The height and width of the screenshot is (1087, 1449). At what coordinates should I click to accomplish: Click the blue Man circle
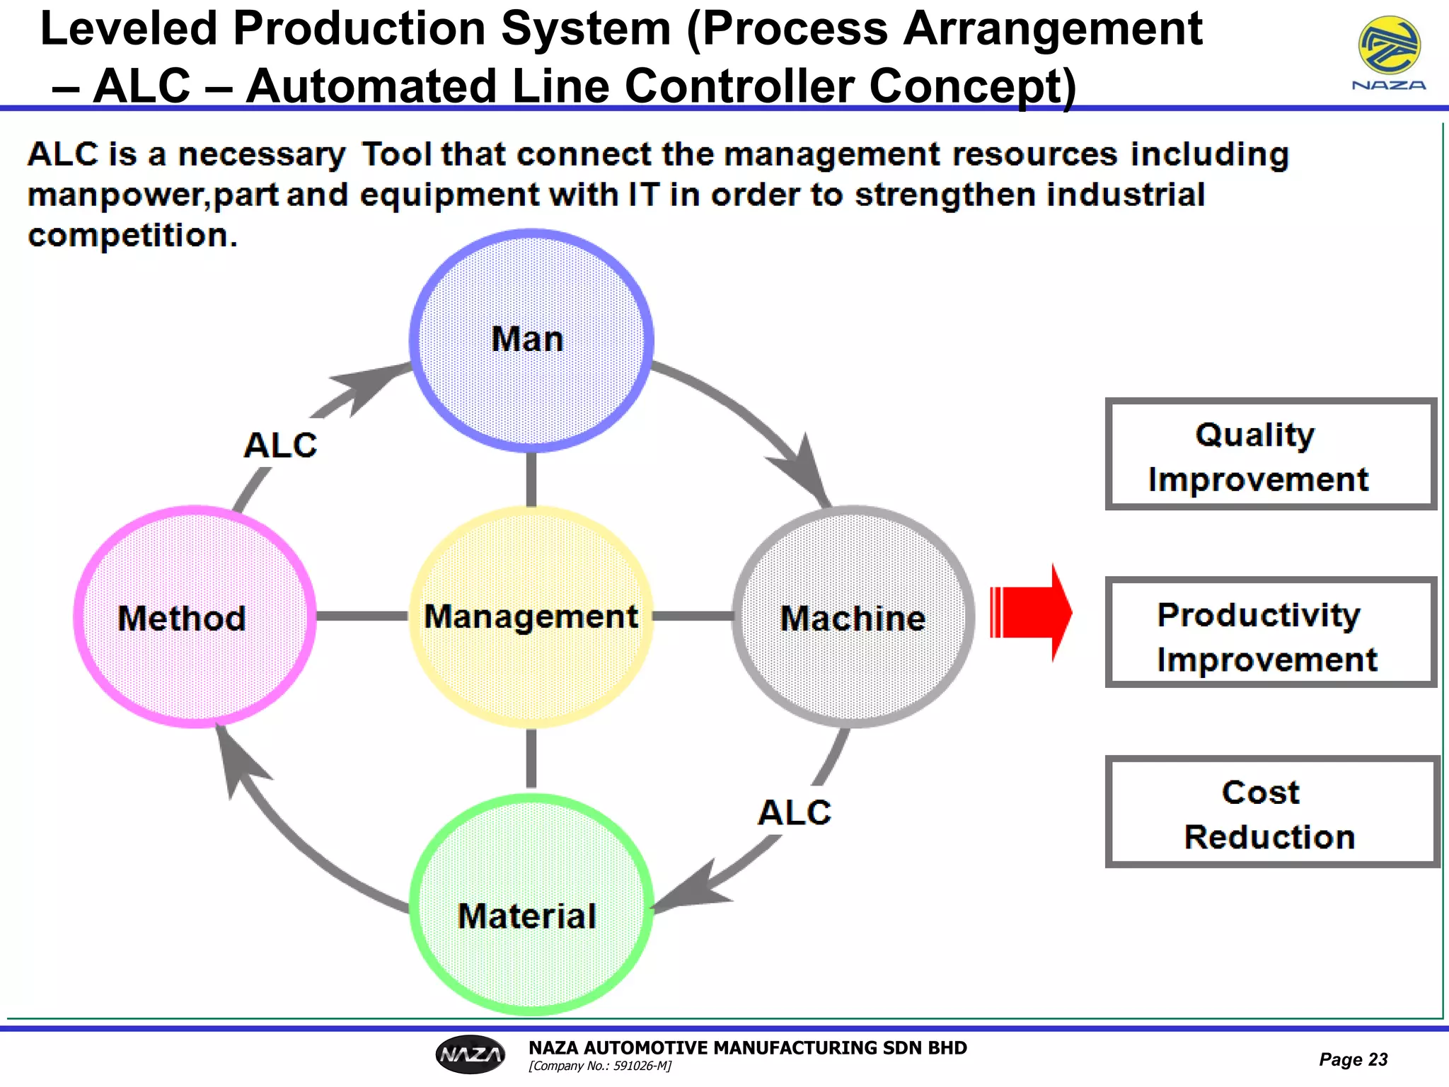pyautogui.click(x=531, y=340)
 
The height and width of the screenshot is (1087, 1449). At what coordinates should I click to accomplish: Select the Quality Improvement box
pyautogui.click(x=1271, y=454)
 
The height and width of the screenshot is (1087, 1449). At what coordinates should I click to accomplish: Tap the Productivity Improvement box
pyautogui.click(x=1271, y=633)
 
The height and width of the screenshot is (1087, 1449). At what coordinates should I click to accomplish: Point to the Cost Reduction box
pyautogui.click(x=1272, y=812)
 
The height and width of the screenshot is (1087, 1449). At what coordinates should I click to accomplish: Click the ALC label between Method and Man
pyautogui.click(x=280, y=446)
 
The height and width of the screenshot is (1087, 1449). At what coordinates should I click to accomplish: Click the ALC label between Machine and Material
pyautogui.click(x=795, y=812)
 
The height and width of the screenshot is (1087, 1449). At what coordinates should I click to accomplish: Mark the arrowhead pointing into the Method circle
pyautogui.click(x=237, y=764)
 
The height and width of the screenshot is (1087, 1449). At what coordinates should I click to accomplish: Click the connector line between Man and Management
pyautogui.click(x=531, y=479)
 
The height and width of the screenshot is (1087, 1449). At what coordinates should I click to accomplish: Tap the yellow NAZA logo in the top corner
pyautogui.click(x=1389, y=47)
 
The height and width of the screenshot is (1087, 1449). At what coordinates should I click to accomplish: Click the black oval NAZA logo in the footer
pyautogui.click(x=471, y=1054)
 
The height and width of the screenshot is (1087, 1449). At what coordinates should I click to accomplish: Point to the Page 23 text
pyautogui.click(x=1353, y=1059)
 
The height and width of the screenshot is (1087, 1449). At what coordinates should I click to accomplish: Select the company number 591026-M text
pyautogui.click(x=600, y=1066)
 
